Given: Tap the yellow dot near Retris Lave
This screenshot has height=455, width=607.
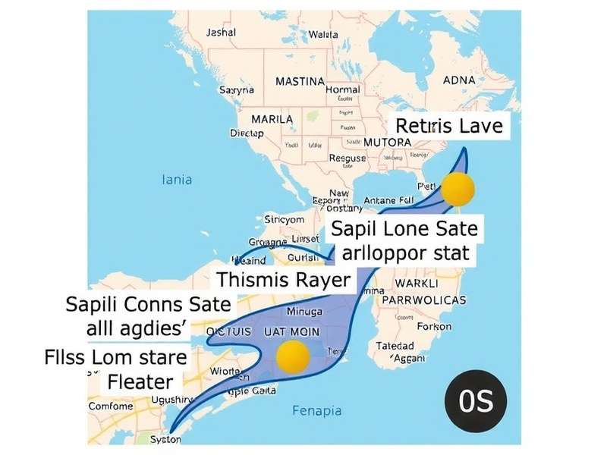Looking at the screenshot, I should coord(458,189).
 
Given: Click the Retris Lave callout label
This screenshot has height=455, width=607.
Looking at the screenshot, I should coord(450,125).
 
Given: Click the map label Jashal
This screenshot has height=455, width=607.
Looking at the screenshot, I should coord(222,33).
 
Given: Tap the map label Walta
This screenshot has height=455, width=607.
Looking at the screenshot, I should coord(323,35).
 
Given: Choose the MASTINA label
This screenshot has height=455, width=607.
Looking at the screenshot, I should coord(300,81).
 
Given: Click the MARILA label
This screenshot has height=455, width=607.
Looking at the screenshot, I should coord(272,121).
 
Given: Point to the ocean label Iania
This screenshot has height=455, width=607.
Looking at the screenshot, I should coord(178,180).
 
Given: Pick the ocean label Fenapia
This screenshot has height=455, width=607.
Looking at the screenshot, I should coord(317,411).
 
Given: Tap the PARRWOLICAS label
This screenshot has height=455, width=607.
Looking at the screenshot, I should coord(425,300).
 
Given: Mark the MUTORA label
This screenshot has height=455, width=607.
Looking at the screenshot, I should coord(387,142).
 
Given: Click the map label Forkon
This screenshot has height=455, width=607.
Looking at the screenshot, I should coord(435,327).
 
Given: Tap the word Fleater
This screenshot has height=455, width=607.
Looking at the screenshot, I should coord(140,381).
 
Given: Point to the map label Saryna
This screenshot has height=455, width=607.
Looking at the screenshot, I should coord(237,89).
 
